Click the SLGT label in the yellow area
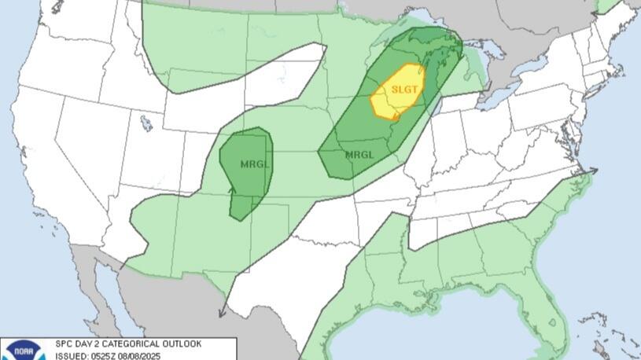click(403, 90)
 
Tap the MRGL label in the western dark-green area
click(254, 164)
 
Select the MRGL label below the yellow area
click(358, 154)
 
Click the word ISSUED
click(72, 355)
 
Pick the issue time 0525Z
click(109, 355)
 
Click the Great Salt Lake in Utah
click(146, 123)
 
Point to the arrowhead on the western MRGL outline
click(232, 189)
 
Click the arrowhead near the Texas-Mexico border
click(222, 312)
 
